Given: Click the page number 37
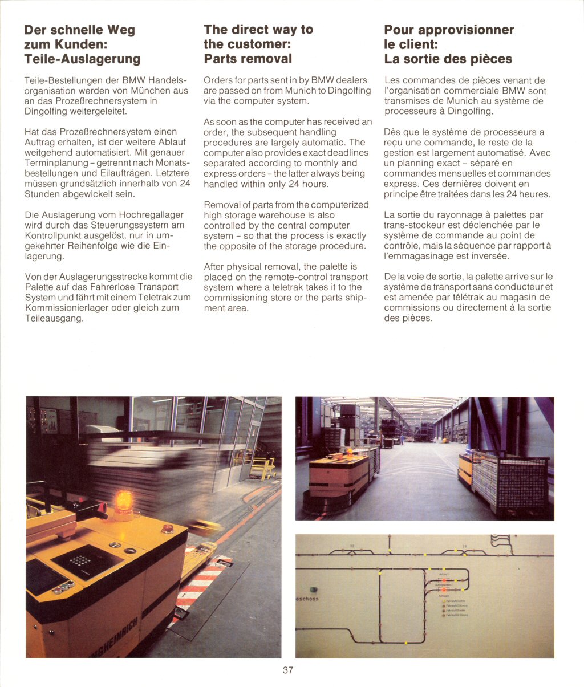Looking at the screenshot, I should coord(287,670).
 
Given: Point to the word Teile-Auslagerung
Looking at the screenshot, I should coord(82,59).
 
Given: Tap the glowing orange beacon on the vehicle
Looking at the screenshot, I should coord(123,502).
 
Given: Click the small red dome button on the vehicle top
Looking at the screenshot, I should coord(168,529).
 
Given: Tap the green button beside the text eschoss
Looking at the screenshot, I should coord(311,590).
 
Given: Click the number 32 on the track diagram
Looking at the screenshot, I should coord(352,546).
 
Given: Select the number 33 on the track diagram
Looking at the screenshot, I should coord(464,546).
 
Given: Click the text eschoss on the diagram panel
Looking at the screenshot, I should coord(307,599).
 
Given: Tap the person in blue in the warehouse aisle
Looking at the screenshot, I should coord(401,440).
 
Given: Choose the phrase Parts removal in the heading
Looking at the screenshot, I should coord(248,59).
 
